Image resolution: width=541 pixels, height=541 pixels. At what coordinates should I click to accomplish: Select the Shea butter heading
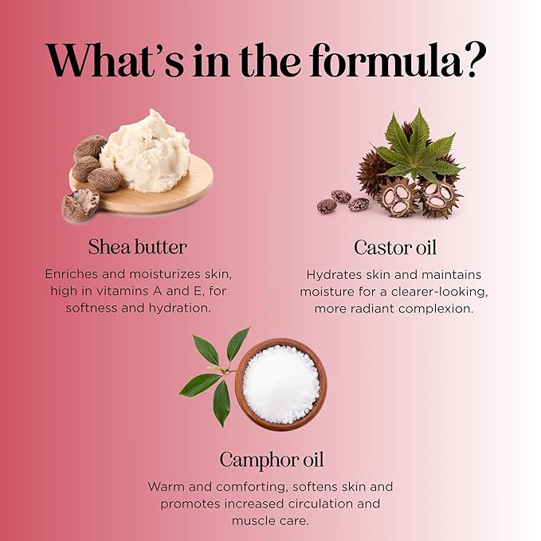[x=138, y=247]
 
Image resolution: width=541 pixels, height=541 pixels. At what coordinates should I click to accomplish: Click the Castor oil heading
[x=395, y=248]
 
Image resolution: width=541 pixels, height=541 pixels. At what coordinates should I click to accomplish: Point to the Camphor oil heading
[x=272, y=461]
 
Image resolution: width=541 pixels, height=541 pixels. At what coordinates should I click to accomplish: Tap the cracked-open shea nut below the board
[x=80, y=205]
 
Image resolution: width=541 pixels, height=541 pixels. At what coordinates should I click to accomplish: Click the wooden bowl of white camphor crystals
[x=281, y=384]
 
